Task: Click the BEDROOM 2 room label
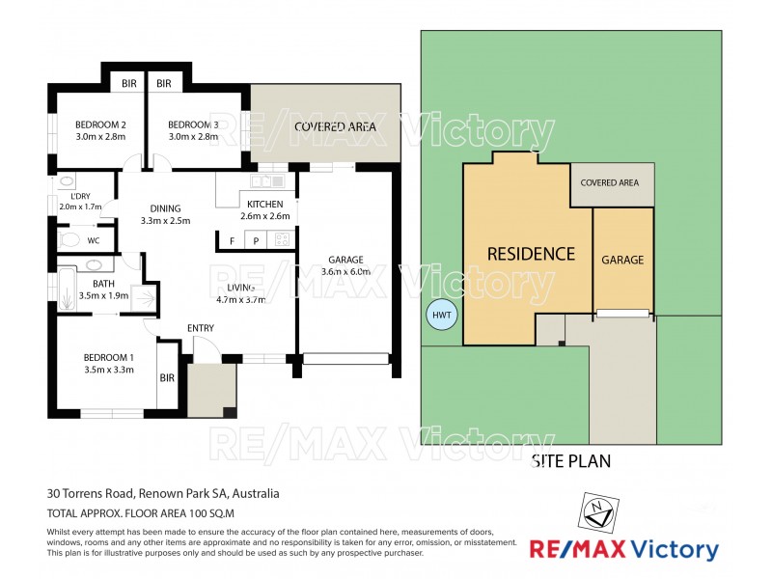[x=101, y=124]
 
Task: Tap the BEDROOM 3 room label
[x=193, y=124]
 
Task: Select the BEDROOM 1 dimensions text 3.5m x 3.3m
[x=108, y=369]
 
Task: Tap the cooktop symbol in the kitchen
[x=282, y=240]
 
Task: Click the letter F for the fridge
[x=231, y=240]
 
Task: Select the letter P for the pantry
[x=256, y=240]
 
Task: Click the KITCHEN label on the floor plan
[x=264, y=204]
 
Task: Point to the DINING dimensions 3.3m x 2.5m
[x=165, y=220]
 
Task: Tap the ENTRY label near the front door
[x=201, y=329]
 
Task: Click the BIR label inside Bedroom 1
[x=167, y=377]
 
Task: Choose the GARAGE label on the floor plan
[x=345, y=260]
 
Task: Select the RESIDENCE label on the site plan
[x=531, y=255]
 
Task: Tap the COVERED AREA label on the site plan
[x=610, y=182]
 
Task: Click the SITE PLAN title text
[x=571, y=461]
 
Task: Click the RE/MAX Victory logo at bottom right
[x=623, y=550]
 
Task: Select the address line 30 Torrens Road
[x=163, y=493]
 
